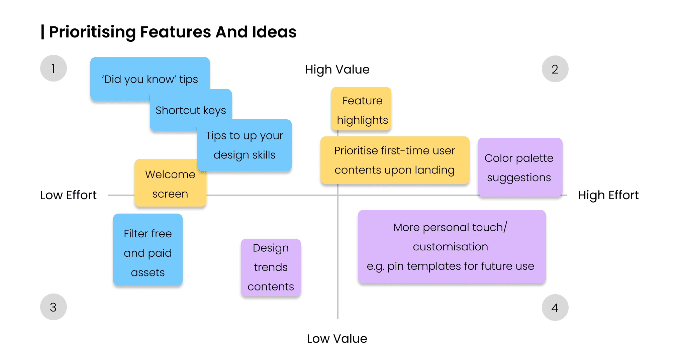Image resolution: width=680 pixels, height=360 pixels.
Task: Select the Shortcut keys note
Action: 191,110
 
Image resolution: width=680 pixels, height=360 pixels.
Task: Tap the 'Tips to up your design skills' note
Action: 245,145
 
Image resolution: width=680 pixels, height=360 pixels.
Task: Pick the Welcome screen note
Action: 170,184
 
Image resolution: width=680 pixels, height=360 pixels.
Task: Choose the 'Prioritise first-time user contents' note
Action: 395,160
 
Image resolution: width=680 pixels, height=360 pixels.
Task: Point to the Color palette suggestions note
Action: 519,167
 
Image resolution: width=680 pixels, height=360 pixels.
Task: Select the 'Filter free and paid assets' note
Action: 148,253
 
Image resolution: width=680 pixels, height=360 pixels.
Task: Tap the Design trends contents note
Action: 271,267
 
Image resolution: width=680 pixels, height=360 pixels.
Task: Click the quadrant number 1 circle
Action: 54,69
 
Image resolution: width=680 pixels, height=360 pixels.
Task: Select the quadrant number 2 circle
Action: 555,69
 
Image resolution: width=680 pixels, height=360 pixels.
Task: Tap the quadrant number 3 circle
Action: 54,307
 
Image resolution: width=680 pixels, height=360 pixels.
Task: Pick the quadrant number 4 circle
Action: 555,308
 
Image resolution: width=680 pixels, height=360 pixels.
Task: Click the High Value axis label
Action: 337,70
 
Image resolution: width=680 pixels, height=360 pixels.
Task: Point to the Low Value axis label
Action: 337,339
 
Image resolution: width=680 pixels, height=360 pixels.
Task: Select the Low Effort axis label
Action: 68,195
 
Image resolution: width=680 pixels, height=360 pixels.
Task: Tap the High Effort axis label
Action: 608,195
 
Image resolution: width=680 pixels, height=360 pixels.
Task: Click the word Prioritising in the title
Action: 93,32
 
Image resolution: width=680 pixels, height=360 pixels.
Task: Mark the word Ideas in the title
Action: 274,32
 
